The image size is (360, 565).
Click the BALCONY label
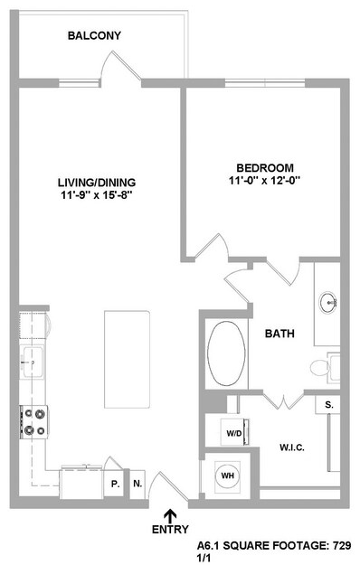pyautogui.click(x=94, y=35)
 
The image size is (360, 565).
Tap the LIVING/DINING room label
pyautogui.click(x=97, y=183)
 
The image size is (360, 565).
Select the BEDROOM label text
pyautogui.click(x=265, y=168)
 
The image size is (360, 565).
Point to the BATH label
pyautogui.click(x=279, y=334)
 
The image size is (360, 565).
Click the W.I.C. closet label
pyautogui.click(x=292, y=447)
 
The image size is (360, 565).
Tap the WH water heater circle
pyautogui.click(x=227, y=476)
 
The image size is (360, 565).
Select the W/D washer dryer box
pyautogui.click(x=234, y=432)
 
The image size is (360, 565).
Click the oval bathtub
pyautogui.click(x=227, y=353)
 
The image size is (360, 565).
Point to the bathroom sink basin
pyautogui.click(x=328, y=302)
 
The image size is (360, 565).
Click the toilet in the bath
pyautogui.click(x=325, y=368)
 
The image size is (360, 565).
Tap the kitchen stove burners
pyautogui.click(x=34, y=422)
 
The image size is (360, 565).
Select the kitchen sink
pyautogui.click(x=33, y=362)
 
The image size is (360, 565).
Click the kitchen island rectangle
pyautogui.click(x=127, y=359)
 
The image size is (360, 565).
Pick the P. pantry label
pyautogui.click(x=115, y=485)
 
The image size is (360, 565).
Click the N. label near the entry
pyautogui.click(x=137, y=484)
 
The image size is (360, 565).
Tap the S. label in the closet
pyautogui.click(x=329, y=404)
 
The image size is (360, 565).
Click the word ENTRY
pyautogui.click(x=170, y=530)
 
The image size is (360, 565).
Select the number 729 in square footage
pyautogui.click(x=342, y=545)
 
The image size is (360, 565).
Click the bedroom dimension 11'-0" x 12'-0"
pyautogui.click(x=265, y=180)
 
